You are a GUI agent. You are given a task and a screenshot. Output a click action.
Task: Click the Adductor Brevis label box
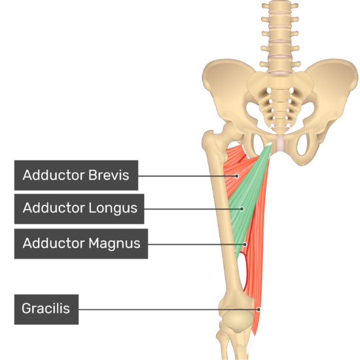(76, 175)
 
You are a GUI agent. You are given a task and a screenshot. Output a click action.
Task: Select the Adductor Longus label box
(79, 209)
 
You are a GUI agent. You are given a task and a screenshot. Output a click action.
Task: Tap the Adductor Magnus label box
(81, 243)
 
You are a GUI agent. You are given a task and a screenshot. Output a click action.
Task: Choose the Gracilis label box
(46, 309)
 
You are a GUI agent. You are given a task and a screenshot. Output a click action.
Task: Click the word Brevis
(109, 175)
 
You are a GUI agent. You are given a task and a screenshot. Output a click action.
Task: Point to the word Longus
(113, 209)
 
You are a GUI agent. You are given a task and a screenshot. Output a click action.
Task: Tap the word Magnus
(115, 243)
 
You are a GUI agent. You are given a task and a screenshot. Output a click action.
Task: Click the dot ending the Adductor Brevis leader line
(237, 176)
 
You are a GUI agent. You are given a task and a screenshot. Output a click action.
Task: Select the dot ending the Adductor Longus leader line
(242, 209)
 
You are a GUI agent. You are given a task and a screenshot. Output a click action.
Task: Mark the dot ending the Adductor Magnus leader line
(245, 244)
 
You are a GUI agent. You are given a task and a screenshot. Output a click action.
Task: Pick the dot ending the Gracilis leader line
(259, 310)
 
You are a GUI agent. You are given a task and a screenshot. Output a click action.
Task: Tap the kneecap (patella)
(238, 321)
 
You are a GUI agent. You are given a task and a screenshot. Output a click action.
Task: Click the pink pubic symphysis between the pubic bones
(281, 143)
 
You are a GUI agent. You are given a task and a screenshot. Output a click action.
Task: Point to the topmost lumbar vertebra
(280, 6)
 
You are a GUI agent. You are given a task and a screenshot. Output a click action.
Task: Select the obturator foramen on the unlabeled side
(304, 144)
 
